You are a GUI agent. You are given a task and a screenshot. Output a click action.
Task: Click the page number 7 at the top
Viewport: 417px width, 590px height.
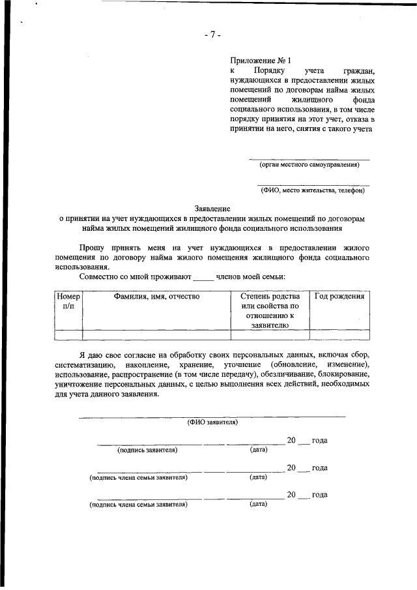click(212, 35)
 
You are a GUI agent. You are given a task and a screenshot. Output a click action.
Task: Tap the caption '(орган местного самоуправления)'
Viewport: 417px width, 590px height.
click(309, 164)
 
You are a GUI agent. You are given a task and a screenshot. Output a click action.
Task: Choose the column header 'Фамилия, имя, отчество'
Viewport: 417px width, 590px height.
click(156, 296)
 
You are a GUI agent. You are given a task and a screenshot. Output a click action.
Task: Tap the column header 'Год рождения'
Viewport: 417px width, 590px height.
click(339, 296)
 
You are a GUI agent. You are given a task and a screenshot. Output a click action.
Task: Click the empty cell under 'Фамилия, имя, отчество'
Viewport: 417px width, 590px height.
click(156, 335)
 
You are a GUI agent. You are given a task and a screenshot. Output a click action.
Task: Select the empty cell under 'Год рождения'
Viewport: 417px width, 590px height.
click(339, 335)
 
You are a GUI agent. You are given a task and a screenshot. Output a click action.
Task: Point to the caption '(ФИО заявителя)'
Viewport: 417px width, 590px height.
click(212, 422)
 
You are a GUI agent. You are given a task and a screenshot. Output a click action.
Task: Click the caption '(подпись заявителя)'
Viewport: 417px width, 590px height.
click(147, 450)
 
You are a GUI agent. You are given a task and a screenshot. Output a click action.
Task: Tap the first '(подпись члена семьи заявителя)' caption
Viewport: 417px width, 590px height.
click(138, 477)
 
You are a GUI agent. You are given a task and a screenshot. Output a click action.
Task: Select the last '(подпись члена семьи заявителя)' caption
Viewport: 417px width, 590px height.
click(138, 504)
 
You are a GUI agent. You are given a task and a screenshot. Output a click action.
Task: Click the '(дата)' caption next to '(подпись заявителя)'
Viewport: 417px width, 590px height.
click(259, 450)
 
